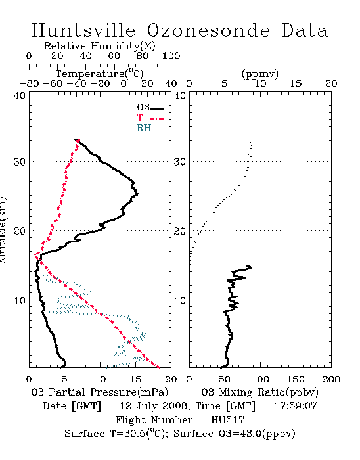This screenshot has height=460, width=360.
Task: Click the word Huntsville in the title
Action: click(83, 30)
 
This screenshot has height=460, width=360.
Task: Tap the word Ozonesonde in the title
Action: click(208, 30)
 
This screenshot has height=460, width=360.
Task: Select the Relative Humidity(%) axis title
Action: click(100, 46)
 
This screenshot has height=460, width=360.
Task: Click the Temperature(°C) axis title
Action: click(100, 74)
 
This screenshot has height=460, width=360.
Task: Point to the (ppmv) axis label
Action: click(260, 74)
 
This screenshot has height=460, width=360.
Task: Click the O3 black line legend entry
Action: click(150, 108)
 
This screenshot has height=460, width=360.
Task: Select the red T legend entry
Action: click(150, 118)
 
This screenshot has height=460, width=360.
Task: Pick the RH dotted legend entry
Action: click(150, 128)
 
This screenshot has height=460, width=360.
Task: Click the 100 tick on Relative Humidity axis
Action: click(171, 56)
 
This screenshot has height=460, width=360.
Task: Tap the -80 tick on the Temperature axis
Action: click(29, 83)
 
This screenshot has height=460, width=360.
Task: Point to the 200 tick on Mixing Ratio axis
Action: click(331, 379)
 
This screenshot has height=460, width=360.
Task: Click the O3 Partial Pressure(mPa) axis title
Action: click(100, 392)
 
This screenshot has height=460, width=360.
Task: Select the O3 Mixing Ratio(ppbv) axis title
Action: click(259, 392)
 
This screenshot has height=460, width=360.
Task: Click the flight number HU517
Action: click(227, 420)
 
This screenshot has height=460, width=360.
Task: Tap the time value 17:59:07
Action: click(296, 406)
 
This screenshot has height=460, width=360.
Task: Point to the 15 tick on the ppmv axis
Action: click(296, 83)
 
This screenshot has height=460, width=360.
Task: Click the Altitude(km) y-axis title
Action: click(3, 230)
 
